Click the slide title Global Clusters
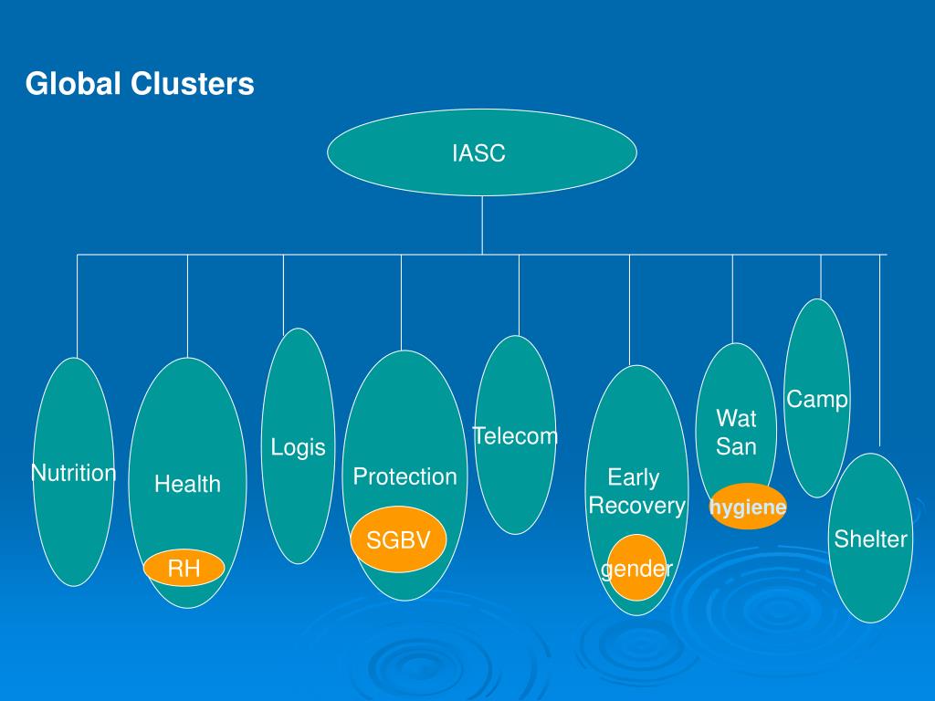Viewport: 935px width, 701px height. (x=140, y=83)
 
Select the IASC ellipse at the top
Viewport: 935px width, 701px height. (x=482, y=152)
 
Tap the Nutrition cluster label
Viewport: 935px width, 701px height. (x=73, y=473)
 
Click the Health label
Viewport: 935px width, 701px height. (x=187, y=484)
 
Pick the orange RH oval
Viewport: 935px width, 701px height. (x=184, y=568)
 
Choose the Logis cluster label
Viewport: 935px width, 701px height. (x=299, y=447)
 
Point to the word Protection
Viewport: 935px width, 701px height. (x=404, y=476)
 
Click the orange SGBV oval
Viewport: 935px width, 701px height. (x=398, y=539)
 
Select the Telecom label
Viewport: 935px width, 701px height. (x=515, y=435)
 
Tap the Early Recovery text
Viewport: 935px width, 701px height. (x=636, y=491)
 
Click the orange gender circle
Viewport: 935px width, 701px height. (x=636, y=568)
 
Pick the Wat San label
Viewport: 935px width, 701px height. (x=737, y=432)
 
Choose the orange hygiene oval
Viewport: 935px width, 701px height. (x=748, y=507)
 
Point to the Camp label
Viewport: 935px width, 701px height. (x=817, y=399)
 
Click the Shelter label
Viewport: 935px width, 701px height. (x=870, y=539)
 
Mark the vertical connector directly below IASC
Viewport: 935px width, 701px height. (x=482, y=225)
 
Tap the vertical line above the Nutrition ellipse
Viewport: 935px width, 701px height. (x=77, y=307)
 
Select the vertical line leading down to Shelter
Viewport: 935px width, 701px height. (x=879, y=350)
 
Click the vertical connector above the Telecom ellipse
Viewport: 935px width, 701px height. (x=519, y=295)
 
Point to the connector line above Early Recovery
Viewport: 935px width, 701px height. (x=630, y=310)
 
